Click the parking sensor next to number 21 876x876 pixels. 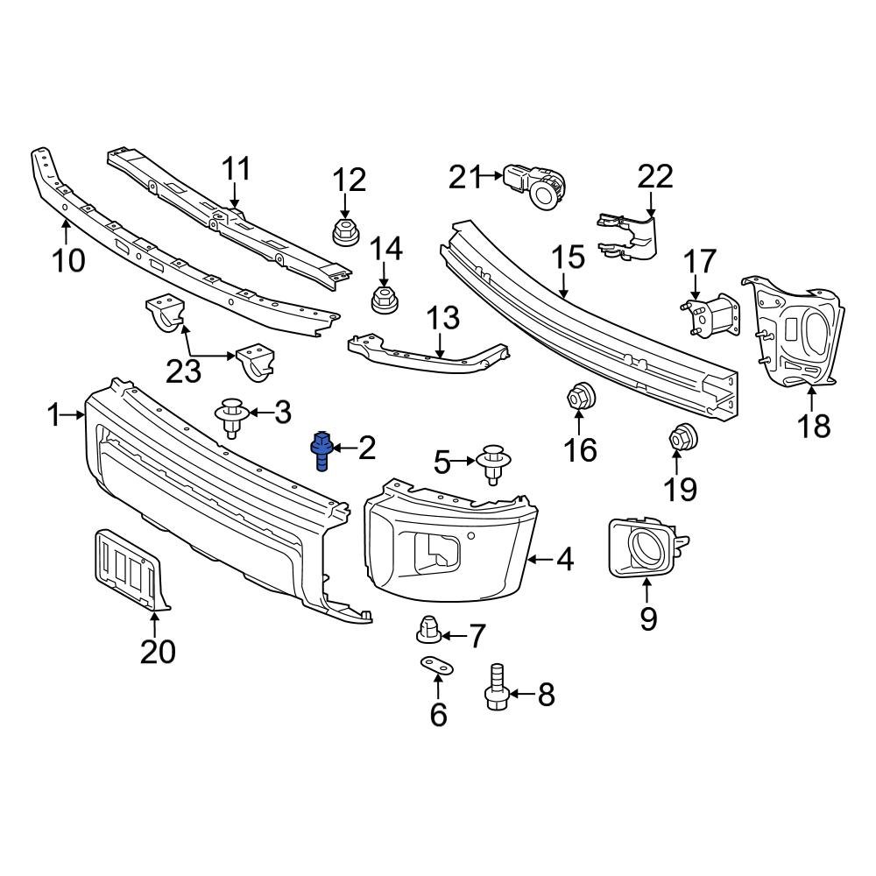[x=537, y=184]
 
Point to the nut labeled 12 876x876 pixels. [x=344, y=232]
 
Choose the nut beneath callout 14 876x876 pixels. [x=383, y=298]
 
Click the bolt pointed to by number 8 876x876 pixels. [x=497, y=687]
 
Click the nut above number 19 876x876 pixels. [x=682, y=436]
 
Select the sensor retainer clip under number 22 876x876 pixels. [x=631, y=235]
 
